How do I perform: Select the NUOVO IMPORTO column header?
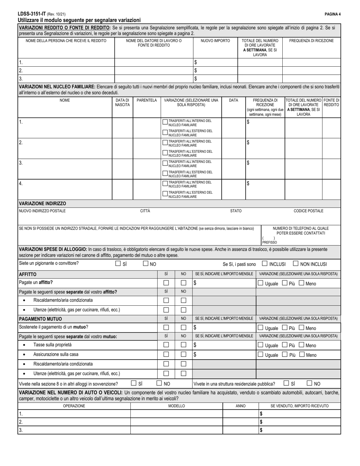215,41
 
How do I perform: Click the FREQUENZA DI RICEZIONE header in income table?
311,41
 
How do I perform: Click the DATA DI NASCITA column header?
122,102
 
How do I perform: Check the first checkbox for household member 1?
165,122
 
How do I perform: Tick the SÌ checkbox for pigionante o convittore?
118,264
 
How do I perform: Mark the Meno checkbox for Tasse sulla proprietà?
302,345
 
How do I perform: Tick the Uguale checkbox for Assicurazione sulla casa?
260,355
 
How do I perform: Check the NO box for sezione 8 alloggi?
160,383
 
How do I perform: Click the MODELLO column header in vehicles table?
177,406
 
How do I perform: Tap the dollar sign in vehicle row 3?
261,430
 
